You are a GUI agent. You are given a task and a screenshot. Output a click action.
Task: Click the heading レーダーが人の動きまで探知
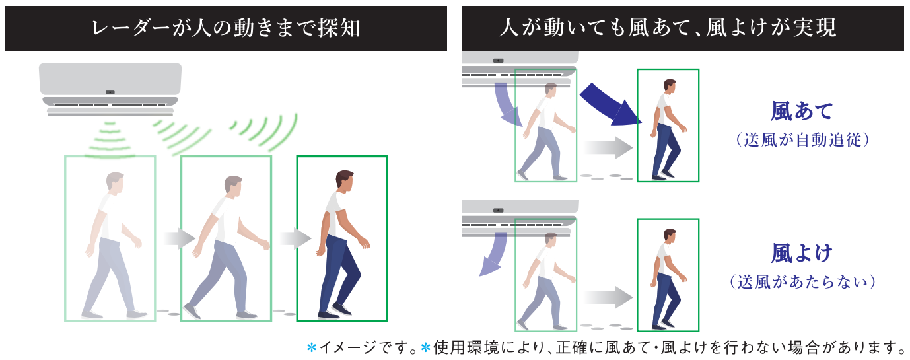(227, 28)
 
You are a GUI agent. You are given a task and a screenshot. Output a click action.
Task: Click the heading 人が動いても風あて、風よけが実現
(668, 28)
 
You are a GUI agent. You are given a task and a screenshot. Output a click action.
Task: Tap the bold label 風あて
(802, 111)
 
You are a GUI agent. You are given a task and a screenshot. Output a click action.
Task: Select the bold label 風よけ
(802, 253)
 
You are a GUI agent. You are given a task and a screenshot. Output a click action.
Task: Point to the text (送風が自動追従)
(802, 140)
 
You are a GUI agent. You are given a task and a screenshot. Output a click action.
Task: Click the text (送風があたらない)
(802, 281)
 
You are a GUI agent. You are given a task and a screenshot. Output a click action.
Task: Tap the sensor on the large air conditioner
(110, 92)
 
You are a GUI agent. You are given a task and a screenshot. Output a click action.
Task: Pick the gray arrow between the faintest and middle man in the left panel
(180, 238)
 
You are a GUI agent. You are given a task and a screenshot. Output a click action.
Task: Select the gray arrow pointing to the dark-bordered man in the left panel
(296, 238)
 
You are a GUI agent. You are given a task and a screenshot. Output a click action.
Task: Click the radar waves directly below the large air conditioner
(109, 140)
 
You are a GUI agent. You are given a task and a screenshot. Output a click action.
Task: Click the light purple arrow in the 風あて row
(508, 104)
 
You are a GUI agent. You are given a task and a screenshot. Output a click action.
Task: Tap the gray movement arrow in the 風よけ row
(608, 297)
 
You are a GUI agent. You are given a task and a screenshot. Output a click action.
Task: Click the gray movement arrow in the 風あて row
(608, 147)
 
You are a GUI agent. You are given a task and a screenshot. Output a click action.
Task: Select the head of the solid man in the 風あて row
(670, 86)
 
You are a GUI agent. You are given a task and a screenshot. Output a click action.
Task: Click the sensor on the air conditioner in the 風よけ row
(498, 211)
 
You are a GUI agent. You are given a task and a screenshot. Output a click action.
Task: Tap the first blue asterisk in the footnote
(312, 348)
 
